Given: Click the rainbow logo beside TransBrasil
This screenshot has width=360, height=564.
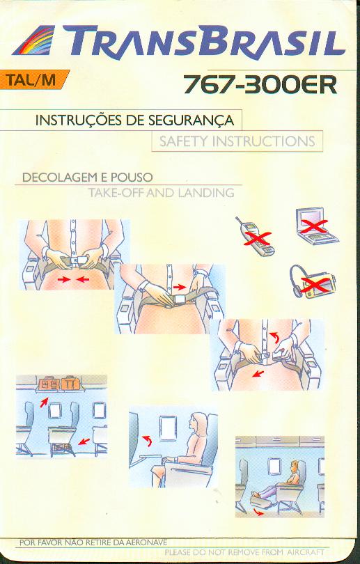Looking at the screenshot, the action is [34, 40].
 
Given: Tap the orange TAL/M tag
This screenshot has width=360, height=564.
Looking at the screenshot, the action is [33, 79].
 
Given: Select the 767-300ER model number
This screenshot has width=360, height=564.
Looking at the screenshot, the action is [260, 85].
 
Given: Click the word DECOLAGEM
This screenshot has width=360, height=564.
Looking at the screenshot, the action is [60, 178].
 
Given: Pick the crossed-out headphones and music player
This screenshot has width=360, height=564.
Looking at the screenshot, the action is [312, 283].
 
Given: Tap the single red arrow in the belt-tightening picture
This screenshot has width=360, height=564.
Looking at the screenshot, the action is [180, 287].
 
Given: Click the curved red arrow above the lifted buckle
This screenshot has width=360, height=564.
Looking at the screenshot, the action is [275, 338].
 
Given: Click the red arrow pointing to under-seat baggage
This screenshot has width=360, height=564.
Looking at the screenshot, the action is [84, 441].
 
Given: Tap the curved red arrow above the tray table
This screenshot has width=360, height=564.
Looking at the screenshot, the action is [147, 440].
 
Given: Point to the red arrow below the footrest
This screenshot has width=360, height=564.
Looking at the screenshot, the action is [258, 512].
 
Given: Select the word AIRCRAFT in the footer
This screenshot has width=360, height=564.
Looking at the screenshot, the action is [306, 551].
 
